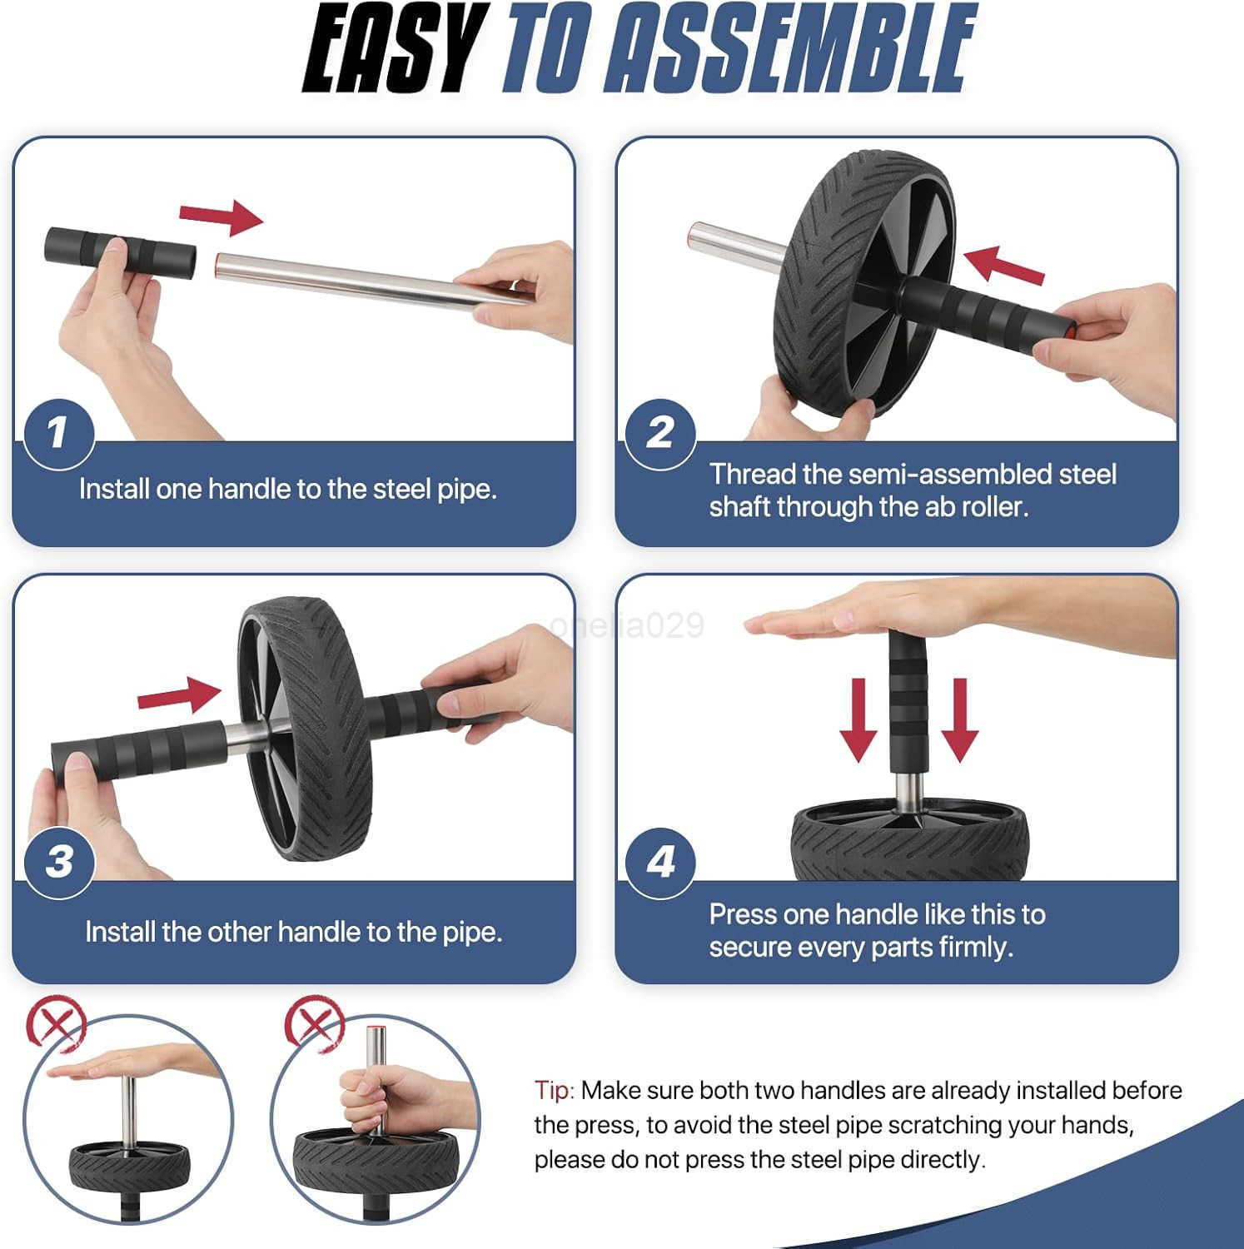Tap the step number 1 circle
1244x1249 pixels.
pyautogui.click(x=57, y=433)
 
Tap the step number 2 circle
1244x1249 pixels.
pyautogui.click(x=660, y=433)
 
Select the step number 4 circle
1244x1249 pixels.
pyautogui.click(x=660, y=862)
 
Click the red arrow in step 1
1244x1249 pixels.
pyautogui.click(x=223, y=216)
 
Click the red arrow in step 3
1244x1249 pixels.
pyautogui.click(x=179, y=694)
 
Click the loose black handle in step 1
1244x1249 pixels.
pyautogui.click(x=121, y=251)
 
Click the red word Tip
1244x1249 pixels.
pyautogui.click(x=554, y=1090)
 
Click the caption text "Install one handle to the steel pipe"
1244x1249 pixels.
pyautogui.click(x=287, y=489)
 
